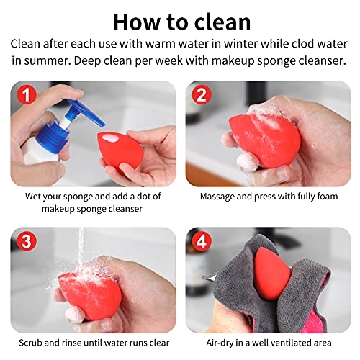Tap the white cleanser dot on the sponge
pyautogui.click(x=112, y=140)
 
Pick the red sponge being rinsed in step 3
pyautogui.click(x=86, y=292)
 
